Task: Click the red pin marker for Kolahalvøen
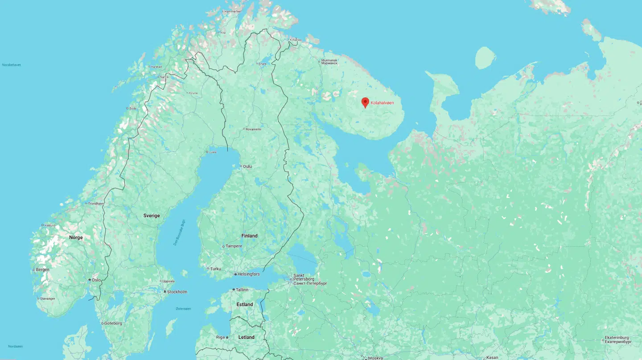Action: pos(365,102)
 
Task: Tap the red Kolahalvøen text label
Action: pos(382,103)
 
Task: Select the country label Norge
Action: pos(76,237)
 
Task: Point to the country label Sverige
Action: pos(151,215)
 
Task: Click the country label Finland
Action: pos(249,236)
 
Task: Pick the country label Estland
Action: pos(245,305)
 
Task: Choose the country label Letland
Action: pos(246,337)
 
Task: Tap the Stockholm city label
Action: pos(177,292)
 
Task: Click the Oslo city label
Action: pos(96,280)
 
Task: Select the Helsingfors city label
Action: pos(249,274)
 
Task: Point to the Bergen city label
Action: pos(42,270)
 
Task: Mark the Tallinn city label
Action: pos(242,290)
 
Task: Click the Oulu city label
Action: pos(247,166)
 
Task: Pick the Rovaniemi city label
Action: pos(253,129)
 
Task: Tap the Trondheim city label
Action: pos(96,204)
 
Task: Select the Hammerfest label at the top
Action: pos(232,11)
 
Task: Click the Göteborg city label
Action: pos(112,323)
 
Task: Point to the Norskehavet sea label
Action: pos(11,65)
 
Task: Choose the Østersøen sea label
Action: pos(183,309)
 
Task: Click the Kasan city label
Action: pos(492,357)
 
